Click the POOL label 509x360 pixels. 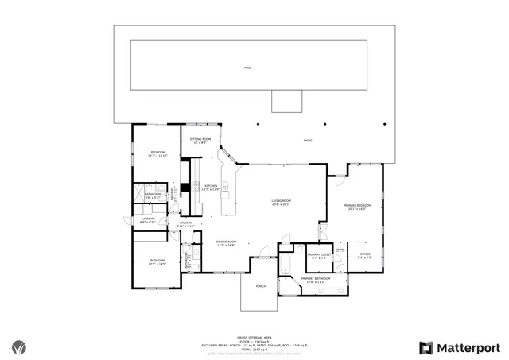[248, 68]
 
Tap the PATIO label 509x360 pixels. [308, 141]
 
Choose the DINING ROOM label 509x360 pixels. [227, 243]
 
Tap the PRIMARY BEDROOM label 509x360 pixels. [355, 207]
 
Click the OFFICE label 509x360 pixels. [364, 255]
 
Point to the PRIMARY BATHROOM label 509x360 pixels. [316, 279]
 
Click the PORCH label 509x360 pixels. [260, 286]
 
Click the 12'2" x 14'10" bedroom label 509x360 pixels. [158, 154]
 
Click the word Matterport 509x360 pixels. [469, 347]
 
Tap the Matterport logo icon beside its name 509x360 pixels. [427, 347]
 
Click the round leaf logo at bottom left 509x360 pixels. [19, 347]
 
